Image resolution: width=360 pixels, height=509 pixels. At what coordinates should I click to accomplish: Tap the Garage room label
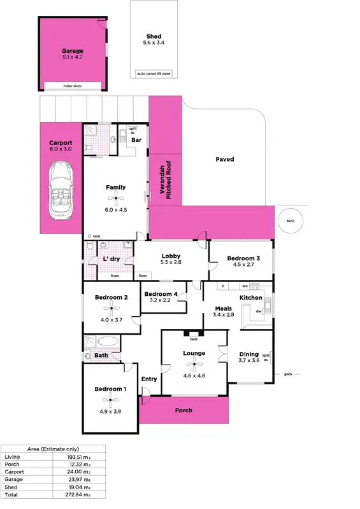pyautogui.click(x=72, y=51)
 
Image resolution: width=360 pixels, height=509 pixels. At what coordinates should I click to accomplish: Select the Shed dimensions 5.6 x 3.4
pyautogui.click(x=154, y=43)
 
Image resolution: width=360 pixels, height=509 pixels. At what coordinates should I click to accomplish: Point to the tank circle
pyautogui.click(x=291, y=220)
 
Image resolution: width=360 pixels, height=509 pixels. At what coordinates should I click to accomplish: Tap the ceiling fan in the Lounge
pyautogui.click(x=194, y=364)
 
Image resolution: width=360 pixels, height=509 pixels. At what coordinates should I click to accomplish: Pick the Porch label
pyautogui.click(x=185, y=410)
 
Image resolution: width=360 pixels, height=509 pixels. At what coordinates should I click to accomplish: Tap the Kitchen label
pyautogui.click(x=251, y=298)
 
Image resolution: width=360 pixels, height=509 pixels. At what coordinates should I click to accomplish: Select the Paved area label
pyautogui.click(x=224, y=159)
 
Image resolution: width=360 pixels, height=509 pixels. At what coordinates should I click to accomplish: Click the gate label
pyautogui.click(x=288, y=373)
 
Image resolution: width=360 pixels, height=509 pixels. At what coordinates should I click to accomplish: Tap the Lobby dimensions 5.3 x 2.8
pyautogui.click(x=171, y=262)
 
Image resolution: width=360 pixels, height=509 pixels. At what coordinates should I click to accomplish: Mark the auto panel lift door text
pyautogui.click(x=154, y=74)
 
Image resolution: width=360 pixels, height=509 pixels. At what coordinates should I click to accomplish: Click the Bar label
pyautogui.click(x=136, y=140)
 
